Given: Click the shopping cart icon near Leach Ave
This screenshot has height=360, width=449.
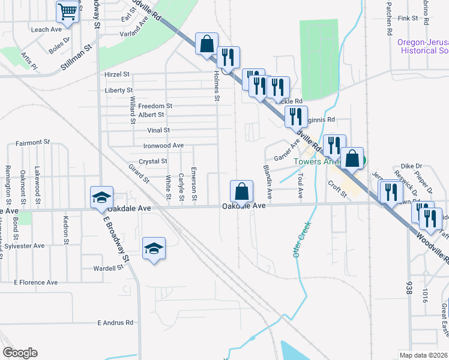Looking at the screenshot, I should point(68,11).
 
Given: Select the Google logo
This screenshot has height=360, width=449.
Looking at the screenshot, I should point(20,353).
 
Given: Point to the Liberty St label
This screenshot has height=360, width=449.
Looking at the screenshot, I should point(118,90).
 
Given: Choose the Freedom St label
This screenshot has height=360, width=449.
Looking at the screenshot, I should point(155,106).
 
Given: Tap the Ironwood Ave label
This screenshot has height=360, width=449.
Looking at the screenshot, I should point(163,145).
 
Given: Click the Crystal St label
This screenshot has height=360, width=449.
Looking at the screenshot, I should point(152,161).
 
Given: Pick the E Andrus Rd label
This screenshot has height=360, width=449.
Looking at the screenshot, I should point(115,322).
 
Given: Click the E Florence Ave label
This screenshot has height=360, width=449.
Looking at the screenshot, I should point(35,282).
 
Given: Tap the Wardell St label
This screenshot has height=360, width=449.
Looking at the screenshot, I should point(108,268).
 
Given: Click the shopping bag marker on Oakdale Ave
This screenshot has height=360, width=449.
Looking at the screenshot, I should point(241,191).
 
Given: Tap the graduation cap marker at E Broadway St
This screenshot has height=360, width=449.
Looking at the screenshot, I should point(101,197).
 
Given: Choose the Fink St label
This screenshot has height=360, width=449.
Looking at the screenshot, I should point(407,19).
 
